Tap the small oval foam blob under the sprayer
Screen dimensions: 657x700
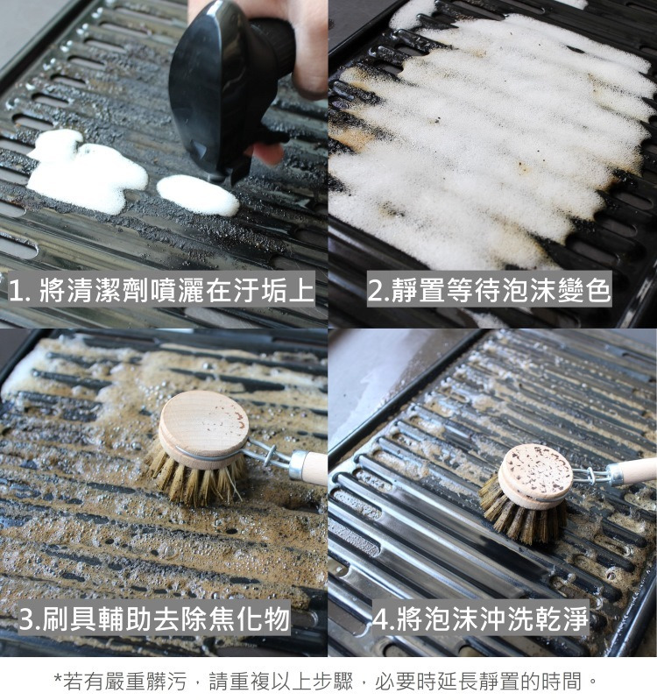pyautogui.click(x=198, y=195)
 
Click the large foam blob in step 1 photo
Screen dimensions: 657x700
pyautogui.click(x=87, y=171)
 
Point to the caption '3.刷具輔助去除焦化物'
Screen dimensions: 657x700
pyautogui.click(x=154, y=619)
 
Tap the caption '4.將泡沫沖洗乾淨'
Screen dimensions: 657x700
pyautogui.click(x=480, y=619)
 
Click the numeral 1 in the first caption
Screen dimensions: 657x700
pyautogui.click(x=17, y=291)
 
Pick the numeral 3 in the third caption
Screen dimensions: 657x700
pyautogui.click(x=28, y=619)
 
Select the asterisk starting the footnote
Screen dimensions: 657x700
pyautogui.click(x=58, y=678)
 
